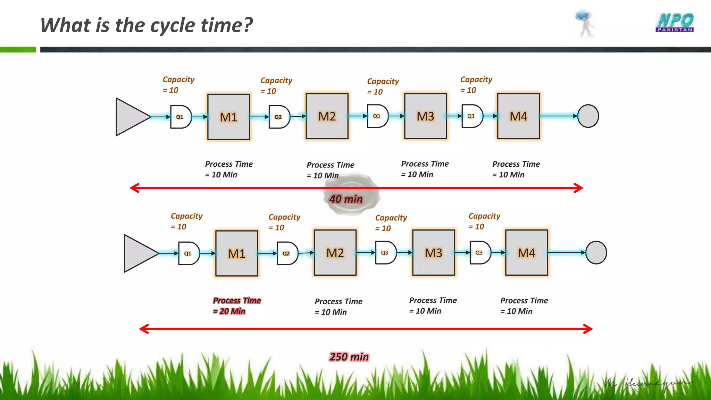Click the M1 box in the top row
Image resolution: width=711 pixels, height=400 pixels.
point(228,117)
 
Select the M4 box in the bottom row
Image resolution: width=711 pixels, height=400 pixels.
point(526,253)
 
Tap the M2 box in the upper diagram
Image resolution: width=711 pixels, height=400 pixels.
point(327,116)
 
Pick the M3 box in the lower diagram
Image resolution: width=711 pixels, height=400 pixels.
point(433,253)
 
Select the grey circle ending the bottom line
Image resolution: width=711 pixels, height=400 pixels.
point(596,252)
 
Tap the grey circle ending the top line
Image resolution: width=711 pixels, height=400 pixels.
point(588,116)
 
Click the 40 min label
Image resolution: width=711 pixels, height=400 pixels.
point(346,199)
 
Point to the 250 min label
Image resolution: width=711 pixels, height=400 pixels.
point(349,357)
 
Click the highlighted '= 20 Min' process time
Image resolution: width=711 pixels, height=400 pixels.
point(229,311)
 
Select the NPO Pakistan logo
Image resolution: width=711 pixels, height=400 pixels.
point(675,23)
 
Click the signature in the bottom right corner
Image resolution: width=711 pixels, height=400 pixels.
point(647,384)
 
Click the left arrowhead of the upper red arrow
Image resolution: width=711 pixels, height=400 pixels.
point(134,188)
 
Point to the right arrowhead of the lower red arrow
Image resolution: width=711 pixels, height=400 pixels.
point(588,329)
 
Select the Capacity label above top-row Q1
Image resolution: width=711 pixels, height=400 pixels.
point(178,80)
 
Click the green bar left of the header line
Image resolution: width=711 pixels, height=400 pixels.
point(18,50)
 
